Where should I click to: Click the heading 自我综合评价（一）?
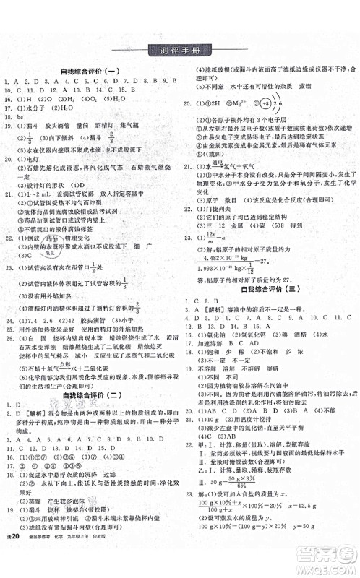[90, 72]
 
